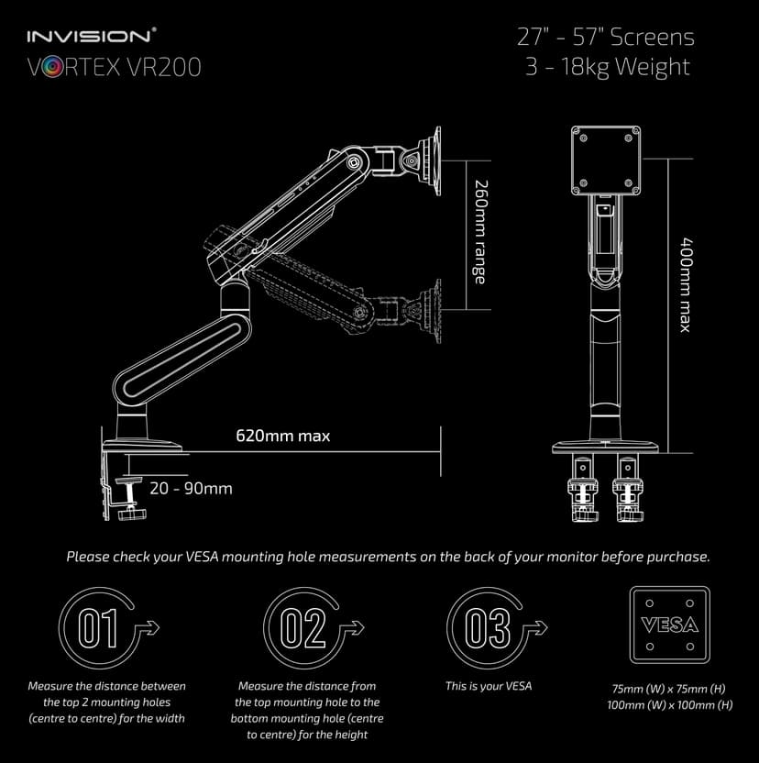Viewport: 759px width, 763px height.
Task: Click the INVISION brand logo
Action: coord(91,37)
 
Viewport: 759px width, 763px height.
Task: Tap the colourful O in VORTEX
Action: coord(52,68)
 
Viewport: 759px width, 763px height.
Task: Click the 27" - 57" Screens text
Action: coord(606,38)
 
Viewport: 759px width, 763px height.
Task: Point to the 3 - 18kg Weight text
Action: coord(608,67)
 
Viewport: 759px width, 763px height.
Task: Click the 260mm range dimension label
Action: coord(478,231)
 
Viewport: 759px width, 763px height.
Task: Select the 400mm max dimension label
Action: coord(684,285)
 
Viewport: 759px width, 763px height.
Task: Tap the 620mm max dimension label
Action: coord(283,436)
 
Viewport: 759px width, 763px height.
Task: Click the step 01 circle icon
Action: coord(99,628)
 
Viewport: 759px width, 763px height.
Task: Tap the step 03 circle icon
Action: coord(488,628)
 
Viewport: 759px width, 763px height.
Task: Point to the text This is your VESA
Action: coord(489,686)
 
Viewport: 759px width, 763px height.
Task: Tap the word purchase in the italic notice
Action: coord(680,557)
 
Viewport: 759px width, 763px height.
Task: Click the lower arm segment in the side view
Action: coord(180,348)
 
